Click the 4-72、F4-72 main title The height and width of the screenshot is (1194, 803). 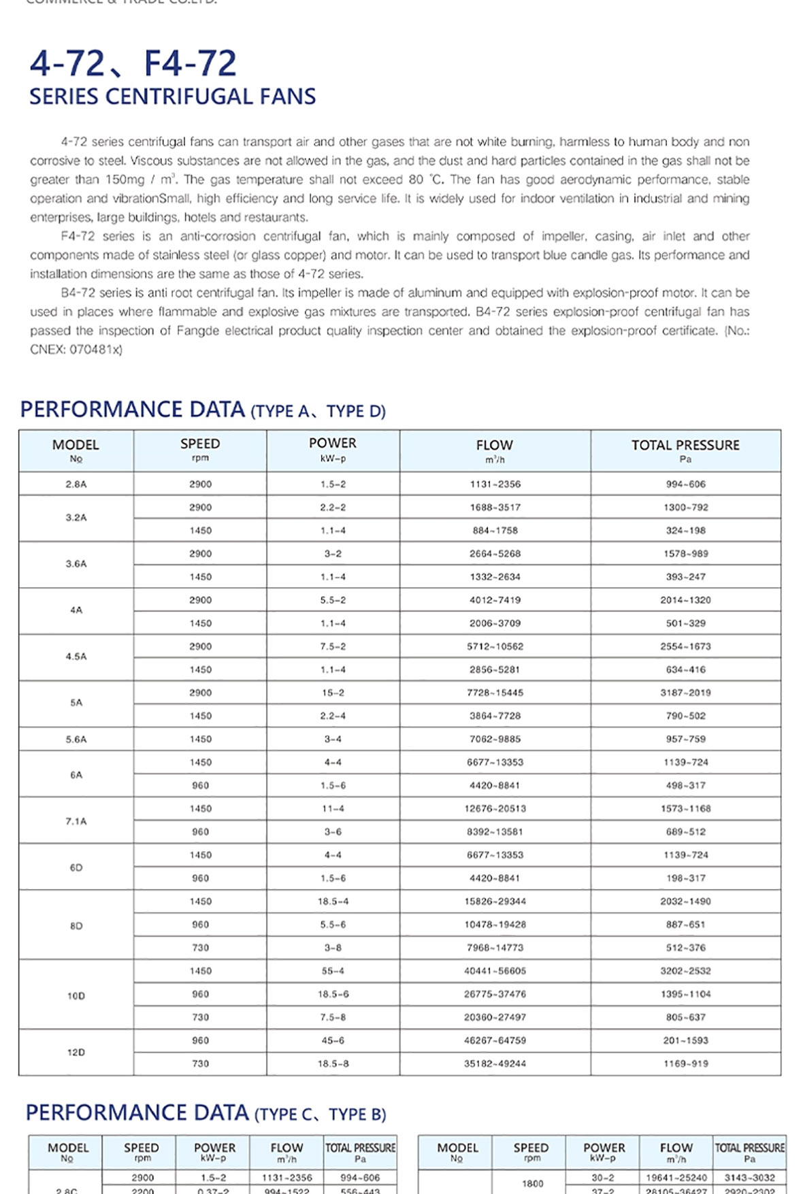click(133, 63)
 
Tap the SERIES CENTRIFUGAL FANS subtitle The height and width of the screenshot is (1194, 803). click(172, 97)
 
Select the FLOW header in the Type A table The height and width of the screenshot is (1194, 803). click(494, 445)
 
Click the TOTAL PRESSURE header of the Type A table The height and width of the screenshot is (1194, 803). click(685, 445)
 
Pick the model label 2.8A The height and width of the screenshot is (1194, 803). click(76, 484)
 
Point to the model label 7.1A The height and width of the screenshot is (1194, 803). click(76, 821)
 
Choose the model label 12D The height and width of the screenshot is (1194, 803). click(76, 1052)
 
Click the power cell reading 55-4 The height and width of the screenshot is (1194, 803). click(333, 971)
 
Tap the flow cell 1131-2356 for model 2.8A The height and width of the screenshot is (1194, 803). click(495, 484)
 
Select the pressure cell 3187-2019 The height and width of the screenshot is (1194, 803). click(685, 693)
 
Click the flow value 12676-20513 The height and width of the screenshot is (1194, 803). click(495, 809)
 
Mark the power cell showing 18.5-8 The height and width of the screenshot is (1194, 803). click(333, 1063)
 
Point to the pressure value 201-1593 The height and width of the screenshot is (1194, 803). click(685, 1040)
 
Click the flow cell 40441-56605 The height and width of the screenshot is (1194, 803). click(495, 971)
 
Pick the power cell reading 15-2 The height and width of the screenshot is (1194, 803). click(333, 693)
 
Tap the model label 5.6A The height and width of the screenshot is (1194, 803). click(76, 740)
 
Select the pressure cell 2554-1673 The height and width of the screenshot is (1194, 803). click(685, 646)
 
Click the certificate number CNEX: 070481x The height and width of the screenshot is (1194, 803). click(76, 350)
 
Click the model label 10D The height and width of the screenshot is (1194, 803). click(76, 996)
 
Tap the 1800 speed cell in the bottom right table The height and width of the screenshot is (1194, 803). click(532, 1183)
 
